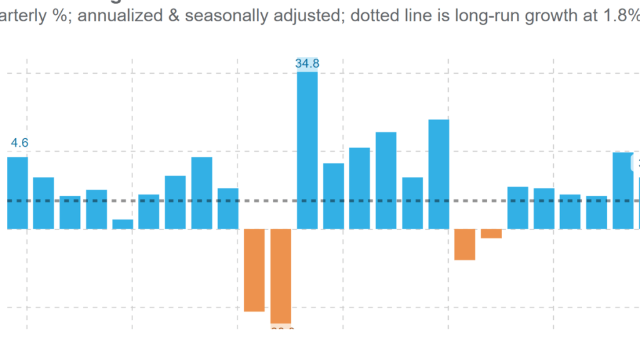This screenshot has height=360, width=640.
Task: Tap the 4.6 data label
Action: tap(20, 143)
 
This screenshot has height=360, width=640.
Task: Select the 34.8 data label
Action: tap(307, 63)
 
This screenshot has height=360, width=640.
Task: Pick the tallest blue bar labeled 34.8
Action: tap(307, 150)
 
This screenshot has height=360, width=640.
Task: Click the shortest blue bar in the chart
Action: tap(122, 224)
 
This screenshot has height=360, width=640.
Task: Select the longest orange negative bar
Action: tap(281, 276)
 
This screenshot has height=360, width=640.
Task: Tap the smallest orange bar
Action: tap(491, 234)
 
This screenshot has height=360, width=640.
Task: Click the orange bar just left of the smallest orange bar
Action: tap(464, 244)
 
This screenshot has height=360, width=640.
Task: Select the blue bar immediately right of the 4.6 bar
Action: tap(44, 203)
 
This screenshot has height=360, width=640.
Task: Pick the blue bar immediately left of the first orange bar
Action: tap(228, 208)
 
